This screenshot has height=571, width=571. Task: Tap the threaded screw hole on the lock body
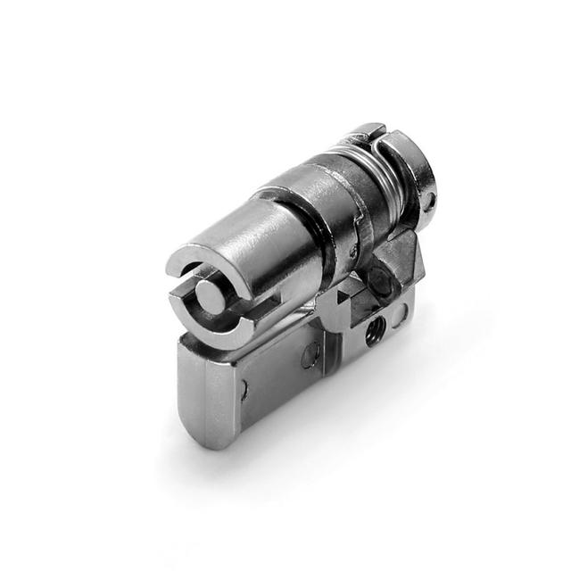coord(373,331)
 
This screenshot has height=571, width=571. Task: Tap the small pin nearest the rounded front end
coord(244,390)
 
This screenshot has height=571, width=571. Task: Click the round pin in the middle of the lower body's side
coord(309,355)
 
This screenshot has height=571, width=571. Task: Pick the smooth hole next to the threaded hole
coord(397,313)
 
